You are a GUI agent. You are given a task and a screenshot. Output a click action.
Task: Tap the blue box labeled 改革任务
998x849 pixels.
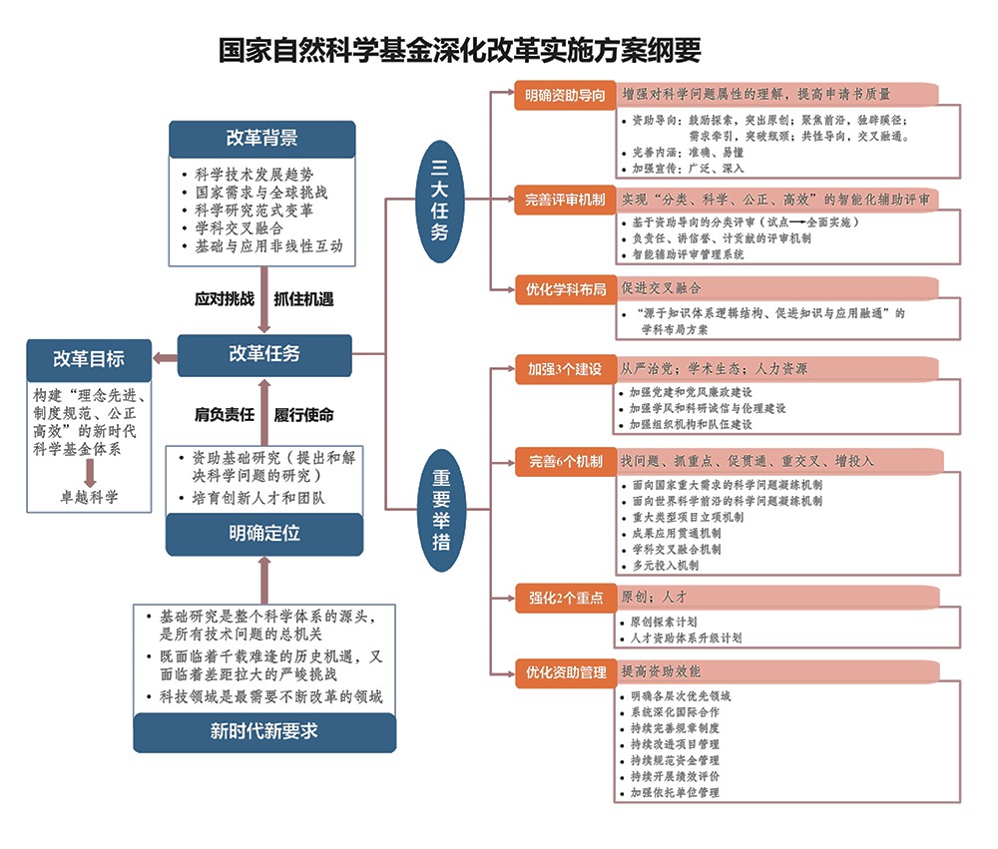tap(263, 353)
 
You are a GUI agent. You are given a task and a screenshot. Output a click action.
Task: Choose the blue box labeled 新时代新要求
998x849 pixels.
tap(263, 730)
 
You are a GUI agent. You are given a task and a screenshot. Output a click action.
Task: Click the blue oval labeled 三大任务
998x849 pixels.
tap(438, 201)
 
